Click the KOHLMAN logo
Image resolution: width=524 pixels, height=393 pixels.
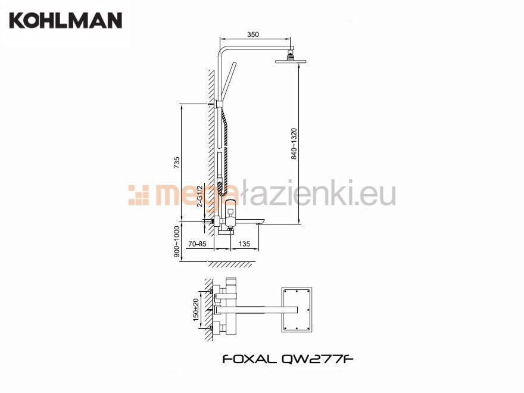(x=65, y=20)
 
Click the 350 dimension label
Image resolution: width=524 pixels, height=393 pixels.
(x=252, y=35)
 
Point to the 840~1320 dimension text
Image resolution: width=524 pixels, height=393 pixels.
(x=294, y=144)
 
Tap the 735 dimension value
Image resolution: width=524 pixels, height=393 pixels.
(x=177, y=163)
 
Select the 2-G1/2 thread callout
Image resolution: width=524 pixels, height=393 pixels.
(x=200, y=196)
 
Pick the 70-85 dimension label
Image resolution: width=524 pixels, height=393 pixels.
(x=197, y=244)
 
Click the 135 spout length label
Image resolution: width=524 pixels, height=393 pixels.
(x=244, y=244)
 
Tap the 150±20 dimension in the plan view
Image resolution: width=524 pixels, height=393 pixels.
(x=196, y=310)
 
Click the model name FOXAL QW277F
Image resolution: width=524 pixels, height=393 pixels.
(x=288, y=359)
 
